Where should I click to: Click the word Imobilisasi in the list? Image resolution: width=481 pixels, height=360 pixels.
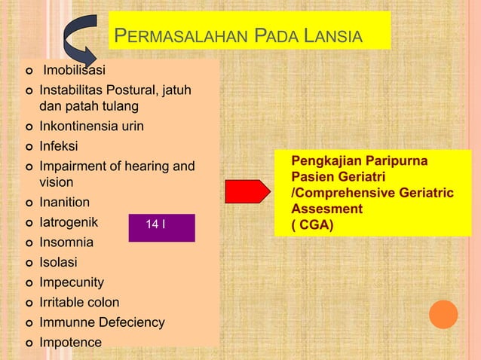(x=74, y=72)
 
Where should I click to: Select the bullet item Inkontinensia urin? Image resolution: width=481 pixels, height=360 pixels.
(x=91, y=126)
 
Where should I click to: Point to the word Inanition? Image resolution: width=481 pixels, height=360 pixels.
(x=64, y=203)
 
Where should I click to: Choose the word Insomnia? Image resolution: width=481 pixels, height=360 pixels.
(x=66, y=243)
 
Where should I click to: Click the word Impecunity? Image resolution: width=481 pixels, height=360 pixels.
(x=72, y=282)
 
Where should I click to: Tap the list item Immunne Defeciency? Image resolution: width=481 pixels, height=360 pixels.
(x=102, y=322)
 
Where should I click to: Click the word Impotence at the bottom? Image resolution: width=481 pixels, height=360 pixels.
(x=70, y=343)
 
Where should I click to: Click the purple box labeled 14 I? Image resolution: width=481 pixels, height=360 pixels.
(x=161, y=227)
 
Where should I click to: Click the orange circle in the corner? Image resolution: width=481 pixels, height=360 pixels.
(x=443, y=314)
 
